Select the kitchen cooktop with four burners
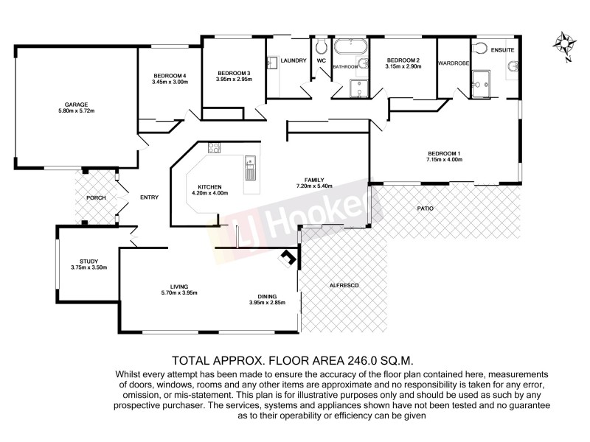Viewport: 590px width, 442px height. tap(214, 147)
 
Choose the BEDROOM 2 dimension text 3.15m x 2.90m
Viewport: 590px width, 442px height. tap(403, 67)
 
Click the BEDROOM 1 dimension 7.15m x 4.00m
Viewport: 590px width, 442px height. tap(444, 160)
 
